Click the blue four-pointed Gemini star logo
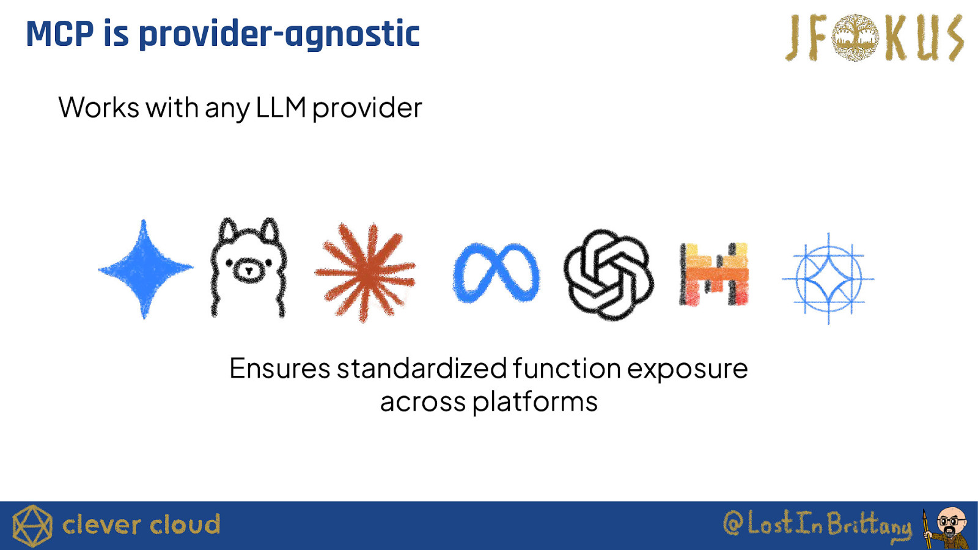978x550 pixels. point(145,269)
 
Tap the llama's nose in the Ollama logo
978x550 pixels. point(248,271)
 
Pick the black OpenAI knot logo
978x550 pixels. point(609,274)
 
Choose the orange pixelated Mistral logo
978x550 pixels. point(715,274)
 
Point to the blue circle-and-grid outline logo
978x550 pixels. point(828,279)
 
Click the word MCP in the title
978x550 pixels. point(60,34)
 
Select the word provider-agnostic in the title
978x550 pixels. point(279,35)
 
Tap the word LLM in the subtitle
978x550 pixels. point(281,107)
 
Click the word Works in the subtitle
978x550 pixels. point(98,107)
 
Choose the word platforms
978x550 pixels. point(535,402)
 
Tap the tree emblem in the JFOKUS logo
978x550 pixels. point(855,37)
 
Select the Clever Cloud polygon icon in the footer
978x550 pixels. point(32,526)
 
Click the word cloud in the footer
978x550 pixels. point(185,525)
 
